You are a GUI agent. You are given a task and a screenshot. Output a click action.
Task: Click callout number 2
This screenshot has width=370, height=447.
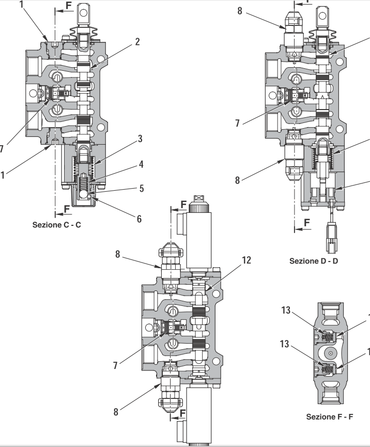click(137, 43)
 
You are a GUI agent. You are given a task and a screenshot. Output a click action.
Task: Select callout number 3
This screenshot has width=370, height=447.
click(140, 139)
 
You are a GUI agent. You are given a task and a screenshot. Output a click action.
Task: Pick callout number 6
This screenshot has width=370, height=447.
click(139, 219)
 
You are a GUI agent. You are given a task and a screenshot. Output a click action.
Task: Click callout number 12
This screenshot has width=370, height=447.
click(246, 259)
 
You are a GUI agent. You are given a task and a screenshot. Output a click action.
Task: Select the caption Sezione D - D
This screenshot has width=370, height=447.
click(314, 260)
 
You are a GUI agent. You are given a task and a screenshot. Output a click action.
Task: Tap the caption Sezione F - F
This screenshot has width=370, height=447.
click(330, 416)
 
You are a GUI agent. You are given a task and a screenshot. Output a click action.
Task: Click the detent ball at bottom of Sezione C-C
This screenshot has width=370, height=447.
click(83, 195)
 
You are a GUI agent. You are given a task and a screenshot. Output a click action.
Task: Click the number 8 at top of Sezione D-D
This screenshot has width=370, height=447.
click(240, 11)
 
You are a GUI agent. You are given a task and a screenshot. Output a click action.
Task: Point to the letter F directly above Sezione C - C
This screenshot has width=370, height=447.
click(67, 209)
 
